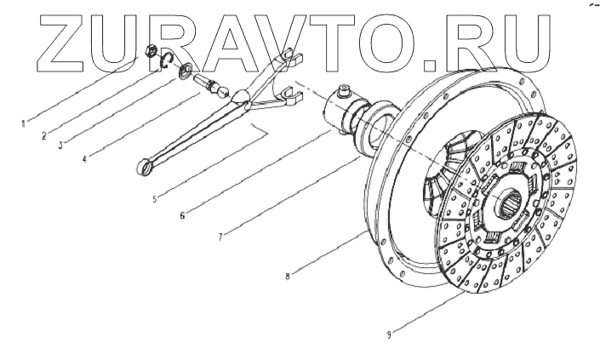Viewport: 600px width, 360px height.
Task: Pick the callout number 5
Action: pos(155,202)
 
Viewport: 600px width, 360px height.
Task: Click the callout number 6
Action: pos(182,216)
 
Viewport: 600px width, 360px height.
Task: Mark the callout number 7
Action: pos(220,236)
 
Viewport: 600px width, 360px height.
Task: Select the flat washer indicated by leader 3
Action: pos(185,72)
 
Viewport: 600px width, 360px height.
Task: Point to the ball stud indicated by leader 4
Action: pos(210,85)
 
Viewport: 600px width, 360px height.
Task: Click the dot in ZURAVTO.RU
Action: pos(430,61)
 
